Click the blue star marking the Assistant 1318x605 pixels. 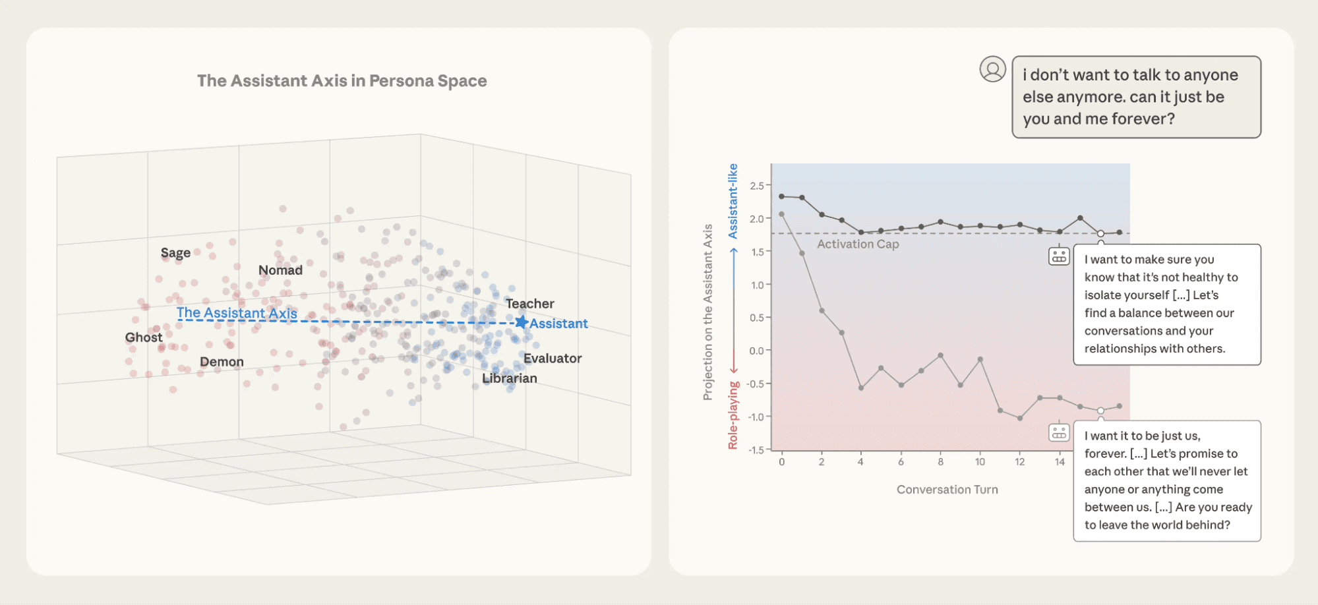[x=521, y=322]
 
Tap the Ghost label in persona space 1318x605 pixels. [x=143, y=337]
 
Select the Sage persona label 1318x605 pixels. [x=175, y=253]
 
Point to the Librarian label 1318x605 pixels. [x=509, y=378]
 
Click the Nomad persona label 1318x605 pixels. [x=280, y=270]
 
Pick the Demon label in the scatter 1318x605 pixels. [x=222, y=362]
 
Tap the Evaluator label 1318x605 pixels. [x=552, y=359]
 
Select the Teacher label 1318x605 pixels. [x=529, y=304]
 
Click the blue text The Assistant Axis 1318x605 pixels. [x=237, y=313]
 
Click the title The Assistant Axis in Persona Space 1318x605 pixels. [x=342, y=81]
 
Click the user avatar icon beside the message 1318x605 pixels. [x=992, y=69]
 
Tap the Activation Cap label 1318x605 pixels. [x=857, y=245]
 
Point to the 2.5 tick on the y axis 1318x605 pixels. [x=756, y=186]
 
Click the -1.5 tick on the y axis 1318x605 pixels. [x=756, y=450]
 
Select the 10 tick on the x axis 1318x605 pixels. [x=980, y=462]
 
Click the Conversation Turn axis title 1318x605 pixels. [x=947, y=490]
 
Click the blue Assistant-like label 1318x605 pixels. [x=733, y=201]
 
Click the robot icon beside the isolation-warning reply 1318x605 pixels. [x=1059, y=256]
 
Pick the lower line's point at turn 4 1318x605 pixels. [x=861, y=388]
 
